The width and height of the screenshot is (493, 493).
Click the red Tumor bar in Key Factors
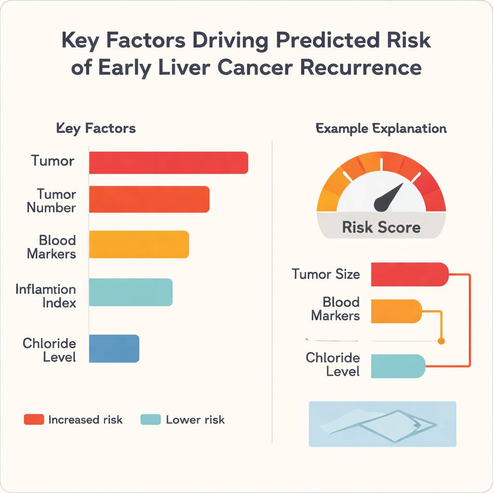pos(169,162)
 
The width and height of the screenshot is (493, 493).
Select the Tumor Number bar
pos(149,199)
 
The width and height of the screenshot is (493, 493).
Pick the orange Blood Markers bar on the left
pos(139,244)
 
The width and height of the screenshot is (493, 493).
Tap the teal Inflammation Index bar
pos(130,292)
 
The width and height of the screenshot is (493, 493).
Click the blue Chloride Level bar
pos(114,348)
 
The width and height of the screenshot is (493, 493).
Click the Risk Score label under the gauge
pos(381,227)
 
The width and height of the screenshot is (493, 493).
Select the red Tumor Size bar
pos(409,274)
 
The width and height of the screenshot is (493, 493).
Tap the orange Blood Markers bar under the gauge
pos(396,311)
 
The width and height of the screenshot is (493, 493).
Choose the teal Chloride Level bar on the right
pos(398,366)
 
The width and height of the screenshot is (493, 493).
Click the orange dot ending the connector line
pos(441,341)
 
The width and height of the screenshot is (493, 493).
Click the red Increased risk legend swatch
pos(34,419)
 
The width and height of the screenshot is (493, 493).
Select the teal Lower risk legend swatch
pos(150,419)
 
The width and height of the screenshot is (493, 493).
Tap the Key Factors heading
pos(96,129)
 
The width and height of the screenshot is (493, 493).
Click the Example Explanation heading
pos(381,129)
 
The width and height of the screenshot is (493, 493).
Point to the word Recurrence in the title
pos(361,67)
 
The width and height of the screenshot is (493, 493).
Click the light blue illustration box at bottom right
pos(382,424)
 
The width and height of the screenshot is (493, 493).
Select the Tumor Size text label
pos(326,274)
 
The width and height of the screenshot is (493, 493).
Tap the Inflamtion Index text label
pos(46,296)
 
